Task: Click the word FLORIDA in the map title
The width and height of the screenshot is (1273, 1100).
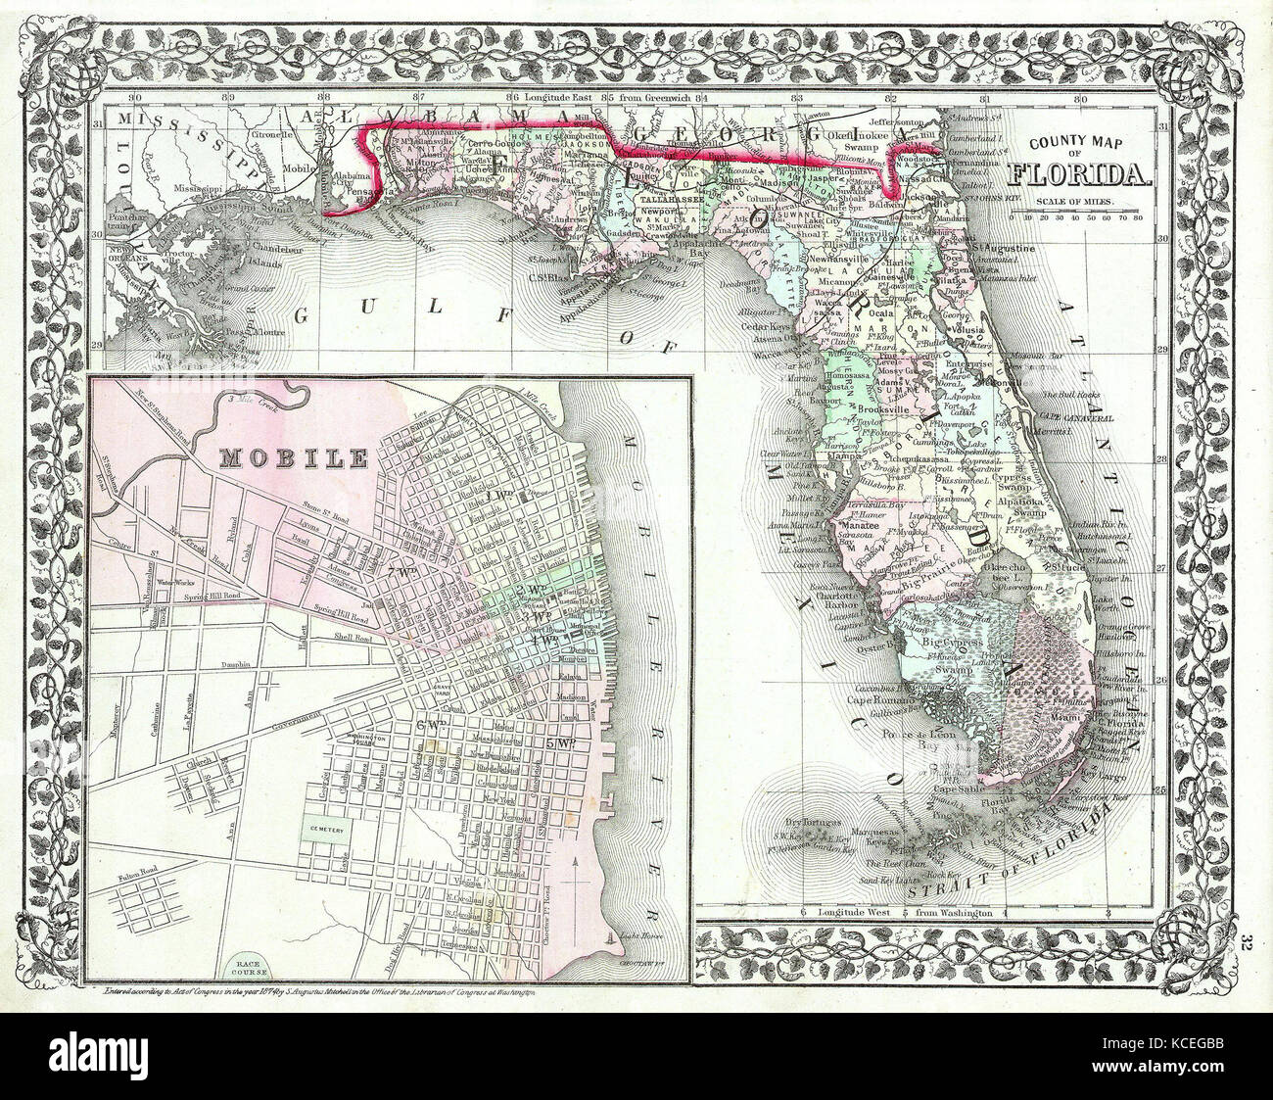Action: click(x=1079, y=176)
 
